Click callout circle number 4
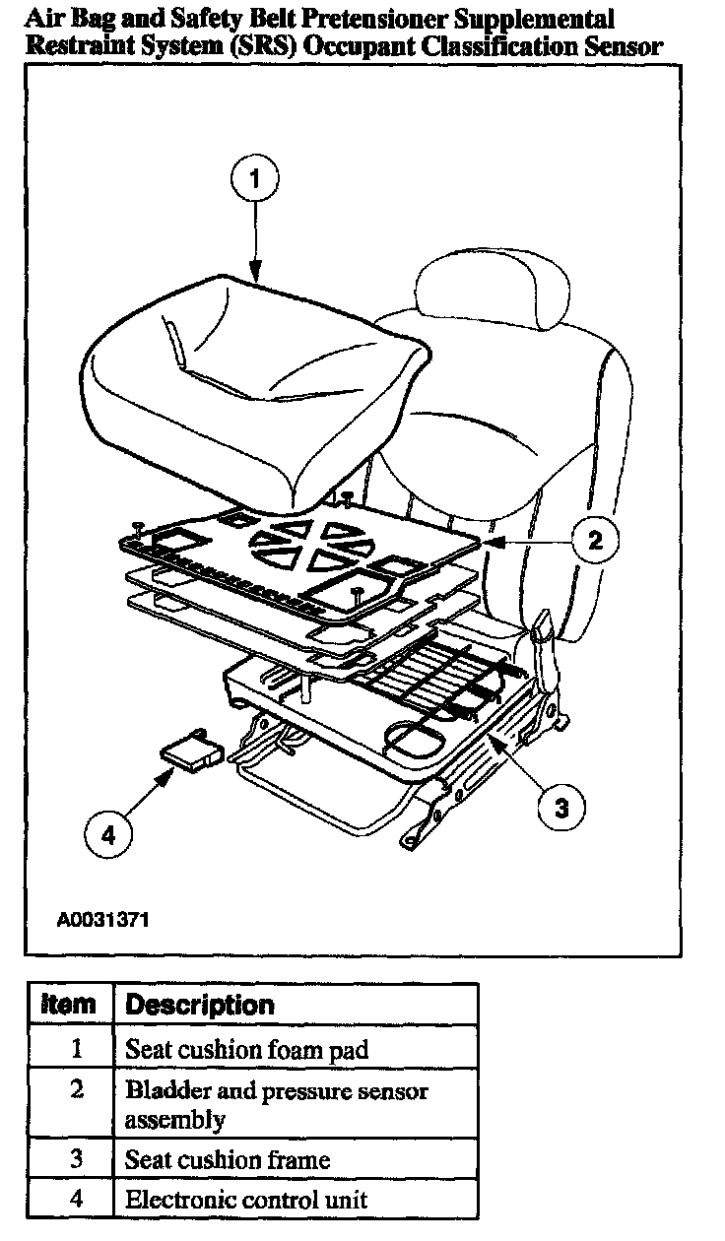[x=108, y=834]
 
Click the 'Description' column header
[x=200, y=1006]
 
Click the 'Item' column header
[x=70, y=1006]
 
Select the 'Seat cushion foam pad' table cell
[x=246, y=1049]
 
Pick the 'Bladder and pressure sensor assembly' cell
[x=276, y=1105]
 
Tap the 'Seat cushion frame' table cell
[x=227, y=1160]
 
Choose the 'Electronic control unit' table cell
[x=245, y=1199]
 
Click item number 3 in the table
[x=77, y=1159]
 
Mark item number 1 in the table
[x=77, y=1049]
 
